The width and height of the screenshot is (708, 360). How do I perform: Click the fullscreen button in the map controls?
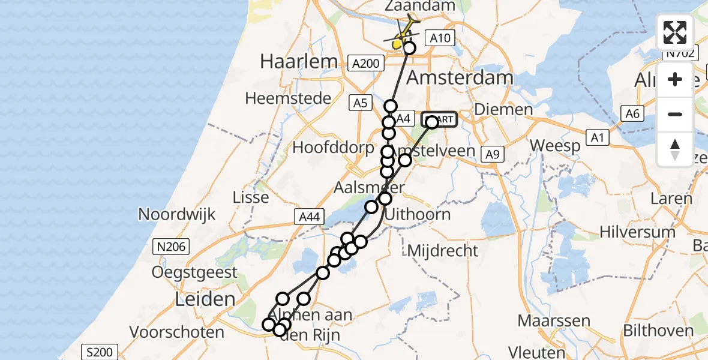pyautogui.click(x=675, y=32)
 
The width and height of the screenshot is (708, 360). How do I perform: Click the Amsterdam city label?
pyautogui.click(x=460, y=77)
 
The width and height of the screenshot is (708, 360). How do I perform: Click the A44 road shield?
pyautogui.click(x=310, y=217)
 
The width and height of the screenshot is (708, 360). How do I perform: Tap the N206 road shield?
pyautogui.click(x=172, y=246)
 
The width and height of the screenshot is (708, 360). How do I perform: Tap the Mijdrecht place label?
pyautogui.click(x=443, y=250)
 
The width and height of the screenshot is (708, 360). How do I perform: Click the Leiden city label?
pyautogui.click(x=204, y=299)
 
